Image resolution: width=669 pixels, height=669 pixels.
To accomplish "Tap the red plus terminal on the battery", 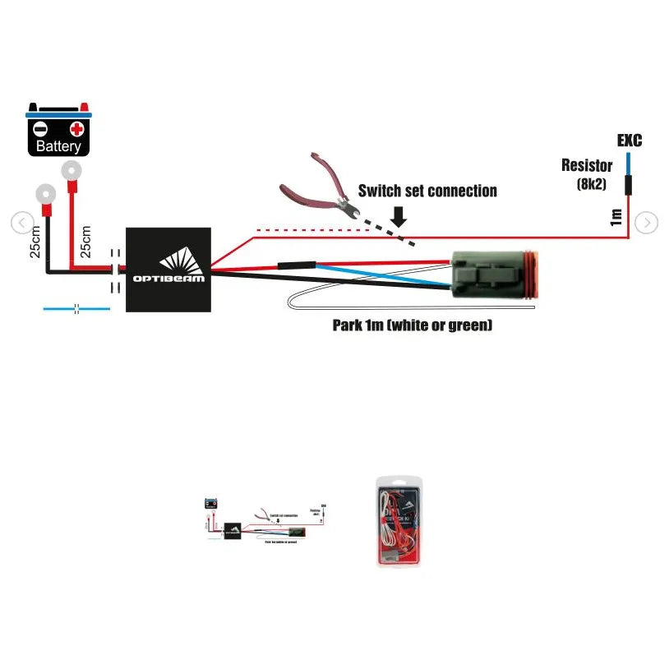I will point(77,129).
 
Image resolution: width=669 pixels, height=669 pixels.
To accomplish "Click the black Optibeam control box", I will point(168,269).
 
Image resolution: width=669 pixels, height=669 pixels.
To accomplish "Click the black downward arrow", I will point(399,216).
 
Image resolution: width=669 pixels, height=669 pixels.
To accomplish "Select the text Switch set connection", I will point(427,191).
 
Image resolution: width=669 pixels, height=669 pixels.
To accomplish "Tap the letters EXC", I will point(629,141).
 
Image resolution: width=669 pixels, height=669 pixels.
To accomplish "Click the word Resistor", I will point(587,166).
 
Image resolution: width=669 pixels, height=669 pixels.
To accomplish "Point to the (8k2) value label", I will point(591,184).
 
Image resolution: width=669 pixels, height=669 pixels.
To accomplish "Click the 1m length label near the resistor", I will point(616,218).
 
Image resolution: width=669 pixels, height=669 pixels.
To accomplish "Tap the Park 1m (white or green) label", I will point(413,325).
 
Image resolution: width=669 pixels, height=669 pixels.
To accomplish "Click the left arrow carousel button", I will point(22,222).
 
